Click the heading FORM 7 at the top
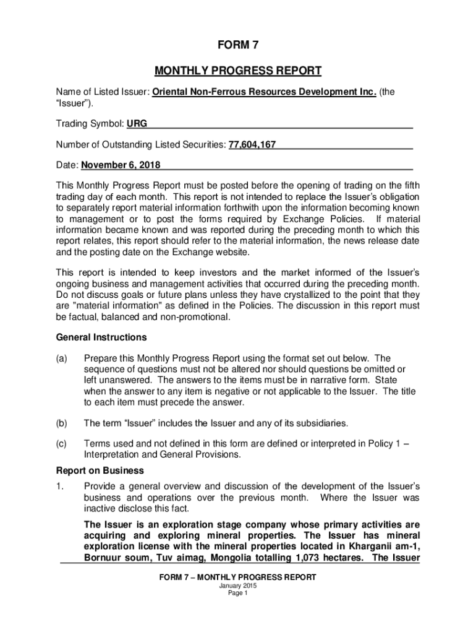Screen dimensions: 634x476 point(237,46)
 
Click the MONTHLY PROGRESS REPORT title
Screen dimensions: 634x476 point(237,71)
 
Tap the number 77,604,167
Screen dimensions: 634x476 point(252,145)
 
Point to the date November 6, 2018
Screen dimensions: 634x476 point(120,165)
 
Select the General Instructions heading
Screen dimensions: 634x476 point(101,337)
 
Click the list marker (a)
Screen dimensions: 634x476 point(62,358)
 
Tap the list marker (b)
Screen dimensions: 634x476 point(62,423)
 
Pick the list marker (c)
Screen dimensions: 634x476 point(62,444)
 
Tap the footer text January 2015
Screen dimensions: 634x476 point(237,585)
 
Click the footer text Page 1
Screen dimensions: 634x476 point(237,593)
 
